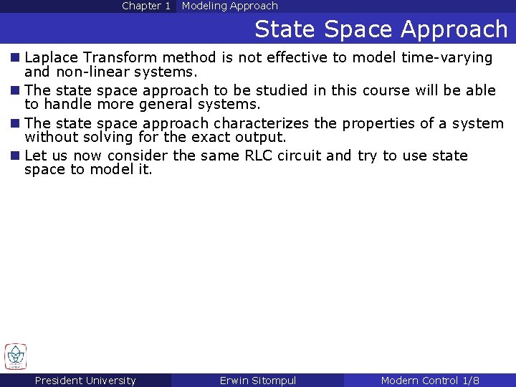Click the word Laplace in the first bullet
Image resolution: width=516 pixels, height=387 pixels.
[51, 57]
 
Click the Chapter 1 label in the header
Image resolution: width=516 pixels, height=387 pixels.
[146, 6]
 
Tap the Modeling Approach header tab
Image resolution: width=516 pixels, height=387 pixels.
[229, 6]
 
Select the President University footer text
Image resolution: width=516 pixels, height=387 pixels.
[85, 381]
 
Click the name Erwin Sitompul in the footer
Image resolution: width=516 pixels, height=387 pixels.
[257, 381]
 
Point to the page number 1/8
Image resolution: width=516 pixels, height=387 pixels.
[471, 381]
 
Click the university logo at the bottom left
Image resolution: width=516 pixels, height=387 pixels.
[15, 356]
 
